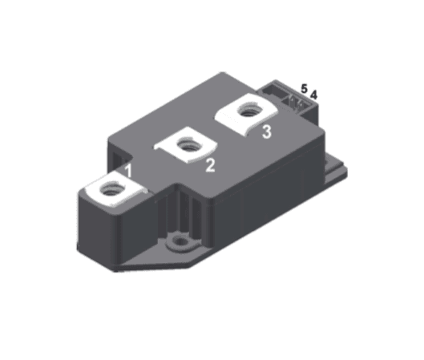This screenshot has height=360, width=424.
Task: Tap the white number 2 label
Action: (x=210, y=165)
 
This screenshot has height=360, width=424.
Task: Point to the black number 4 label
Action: (x=314, y=95)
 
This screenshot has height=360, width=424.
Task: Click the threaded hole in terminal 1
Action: (x=111, y=190)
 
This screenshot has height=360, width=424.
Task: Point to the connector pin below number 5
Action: (x=297, y=102)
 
